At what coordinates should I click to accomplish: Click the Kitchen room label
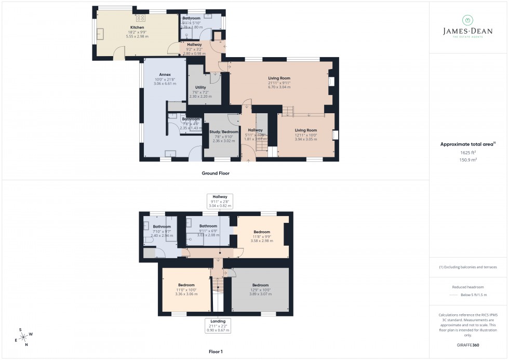tap(137, 28)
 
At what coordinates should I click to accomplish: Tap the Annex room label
tap(165, 74)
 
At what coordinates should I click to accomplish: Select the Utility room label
tap(200, 87)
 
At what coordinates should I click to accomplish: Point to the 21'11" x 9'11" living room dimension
tap(279, 83)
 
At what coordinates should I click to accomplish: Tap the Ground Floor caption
tap(216, 173)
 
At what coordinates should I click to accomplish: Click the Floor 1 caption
tap(216, 352)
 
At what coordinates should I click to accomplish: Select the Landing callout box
tap(218, 325)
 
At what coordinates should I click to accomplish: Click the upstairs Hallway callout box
tap(218, 201)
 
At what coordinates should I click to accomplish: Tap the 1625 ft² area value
tap(468, 153)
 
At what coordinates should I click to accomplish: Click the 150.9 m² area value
tap(468, 160)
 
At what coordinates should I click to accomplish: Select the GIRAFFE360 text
tap(468, 344)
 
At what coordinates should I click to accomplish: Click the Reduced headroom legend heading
tap(468, 286)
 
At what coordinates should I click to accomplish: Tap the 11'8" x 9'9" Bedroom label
tap(262, 232)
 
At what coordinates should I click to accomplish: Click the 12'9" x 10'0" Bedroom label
tap(260, 285)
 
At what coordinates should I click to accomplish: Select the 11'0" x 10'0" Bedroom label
tap(186, 285)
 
